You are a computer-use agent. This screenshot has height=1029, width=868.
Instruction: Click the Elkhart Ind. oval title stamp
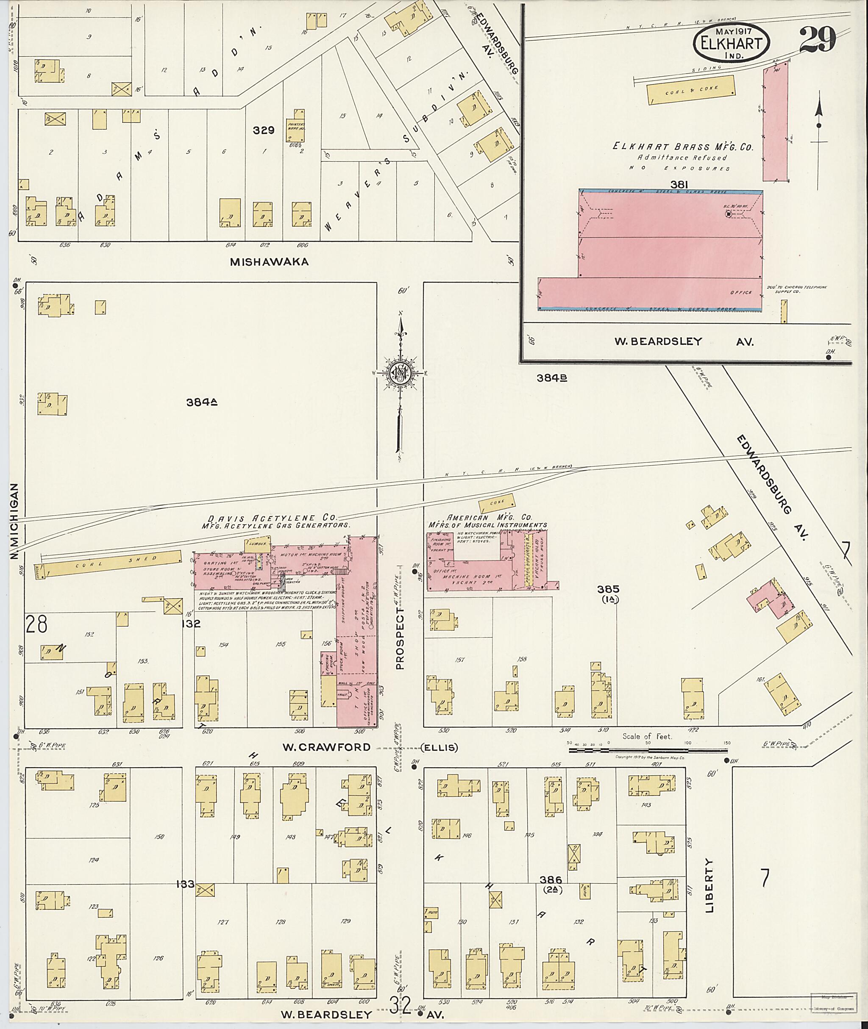pyautogui.click(x=731, y=43)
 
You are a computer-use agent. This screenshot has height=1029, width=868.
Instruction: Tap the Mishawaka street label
pyautogui.click(x=269, y=262)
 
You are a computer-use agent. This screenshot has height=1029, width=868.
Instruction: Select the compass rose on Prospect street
pyautogui.click(x=401, y=373)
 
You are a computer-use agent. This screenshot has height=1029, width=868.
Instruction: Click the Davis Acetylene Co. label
pyautogui.click(x=272, y=518)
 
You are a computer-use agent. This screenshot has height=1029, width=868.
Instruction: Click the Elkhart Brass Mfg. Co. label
pyautogui.click(x=682, y=147)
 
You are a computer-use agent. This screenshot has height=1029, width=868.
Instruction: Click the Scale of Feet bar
pyautogui.click(x=648, y=751)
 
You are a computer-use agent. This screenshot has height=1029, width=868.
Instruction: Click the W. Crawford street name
pyautogui.click(x=326, y=747)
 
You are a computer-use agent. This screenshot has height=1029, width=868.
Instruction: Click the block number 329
pyautogui.click(x=263, y=130)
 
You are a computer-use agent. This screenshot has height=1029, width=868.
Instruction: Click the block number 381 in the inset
pyautogui.click(x=679, y=184)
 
